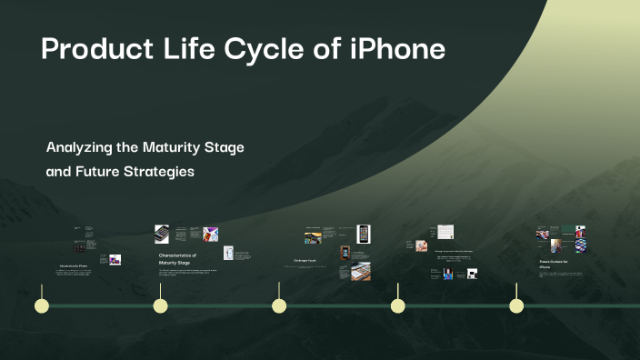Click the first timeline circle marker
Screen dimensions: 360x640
42,305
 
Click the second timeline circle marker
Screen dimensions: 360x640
160,305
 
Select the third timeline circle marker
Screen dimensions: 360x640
279,305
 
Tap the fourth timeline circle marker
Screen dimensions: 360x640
397,305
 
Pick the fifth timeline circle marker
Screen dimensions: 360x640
515,305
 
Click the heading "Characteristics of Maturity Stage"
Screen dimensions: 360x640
177,260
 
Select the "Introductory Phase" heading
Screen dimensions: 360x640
73,265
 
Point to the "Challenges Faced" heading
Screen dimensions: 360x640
305,261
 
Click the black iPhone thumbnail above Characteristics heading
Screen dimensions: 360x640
162,234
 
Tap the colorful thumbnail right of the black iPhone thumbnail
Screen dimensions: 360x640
210,234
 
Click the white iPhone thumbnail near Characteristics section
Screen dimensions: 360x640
229,254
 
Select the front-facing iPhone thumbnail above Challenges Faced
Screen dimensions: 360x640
363,233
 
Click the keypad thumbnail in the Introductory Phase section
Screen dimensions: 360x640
81,247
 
